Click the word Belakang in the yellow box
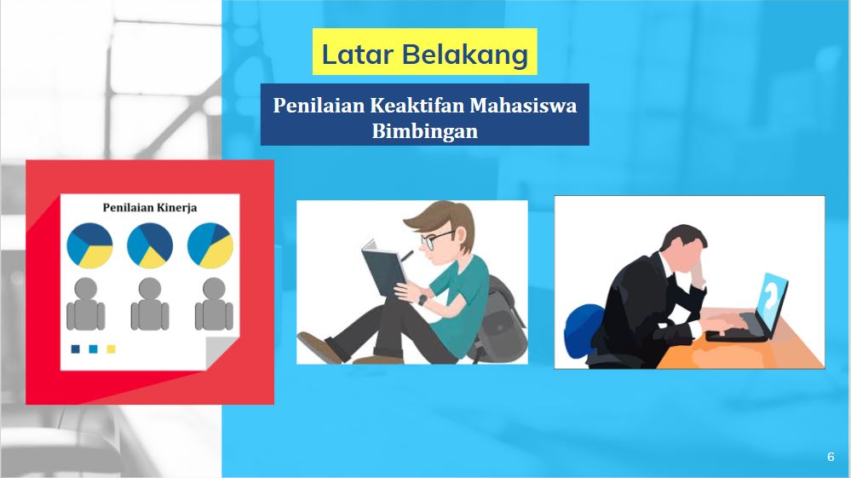[x=465, y=55]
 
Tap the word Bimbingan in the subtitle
[x=425, y=131]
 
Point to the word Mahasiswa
[x=523, y=105]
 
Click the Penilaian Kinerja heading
[x=150, y=207]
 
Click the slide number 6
[x=831, y=457]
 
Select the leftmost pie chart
[x=89, y=245]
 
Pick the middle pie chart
[x=150, y=245]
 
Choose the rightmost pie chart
[x=210, y=245]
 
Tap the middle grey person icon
[x=150, y=304]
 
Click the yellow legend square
[x=112, y=348]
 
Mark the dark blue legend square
[x=76, y=348]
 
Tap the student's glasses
[x=436, y=239]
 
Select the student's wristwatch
[x=423, y=300]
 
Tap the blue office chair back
[x=584, y=331]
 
